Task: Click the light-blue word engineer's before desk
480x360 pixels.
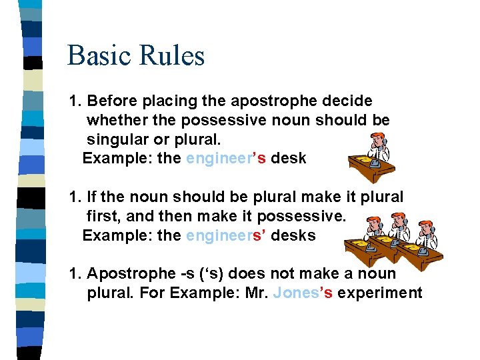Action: click(226, 159)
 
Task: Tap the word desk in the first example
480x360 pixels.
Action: click(288, 159)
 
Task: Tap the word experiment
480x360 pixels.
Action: click(380, 293)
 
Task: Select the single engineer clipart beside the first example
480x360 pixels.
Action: click(371, 157)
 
